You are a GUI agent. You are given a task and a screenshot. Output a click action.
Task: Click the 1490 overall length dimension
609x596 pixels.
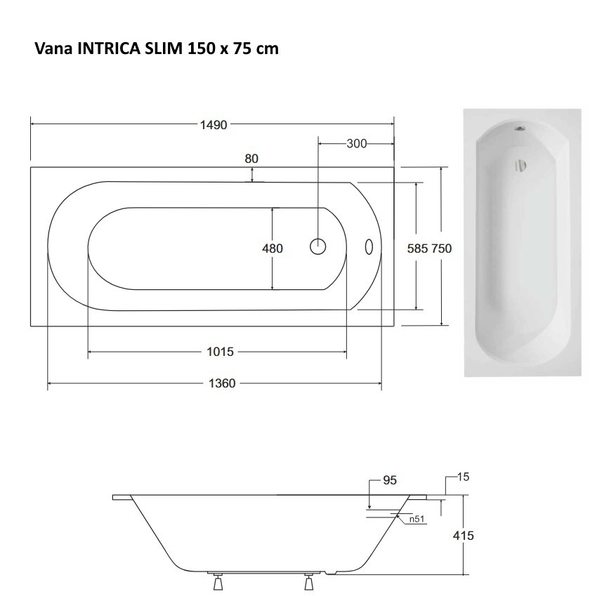click(214, 125)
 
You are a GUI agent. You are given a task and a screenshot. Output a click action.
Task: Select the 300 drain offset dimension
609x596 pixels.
click(357, 144)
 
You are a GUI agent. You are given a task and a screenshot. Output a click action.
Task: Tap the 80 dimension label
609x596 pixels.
click(251, 159)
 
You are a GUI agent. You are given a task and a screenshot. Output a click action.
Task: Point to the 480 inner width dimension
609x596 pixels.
click(272, 249)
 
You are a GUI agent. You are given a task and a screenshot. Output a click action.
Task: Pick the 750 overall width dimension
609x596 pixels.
click(442, 249)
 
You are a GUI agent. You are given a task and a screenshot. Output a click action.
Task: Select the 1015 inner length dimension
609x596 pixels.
click(221, 352)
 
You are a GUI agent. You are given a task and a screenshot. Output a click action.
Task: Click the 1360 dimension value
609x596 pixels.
click(223, 383)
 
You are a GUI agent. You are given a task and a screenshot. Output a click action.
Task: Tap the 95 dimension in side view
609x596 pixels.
click(390, 481)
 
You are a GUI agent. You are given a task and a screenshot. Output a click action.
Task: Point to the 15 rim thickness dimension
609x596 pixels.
click(462, 477)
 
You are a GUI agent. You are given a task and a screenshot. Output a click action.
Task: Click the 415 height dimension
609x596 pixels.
click(463, 536)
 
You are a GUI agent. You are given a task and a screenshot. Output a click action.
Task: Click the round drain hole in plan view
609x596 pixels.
click(318, 246)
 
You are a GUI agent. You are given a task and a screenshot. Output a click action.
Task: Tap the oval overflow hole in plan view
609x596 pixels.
click(368, 246)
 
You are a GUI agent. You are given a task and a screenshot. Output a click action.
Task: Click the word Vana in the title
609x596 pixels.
click(50, 49)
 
